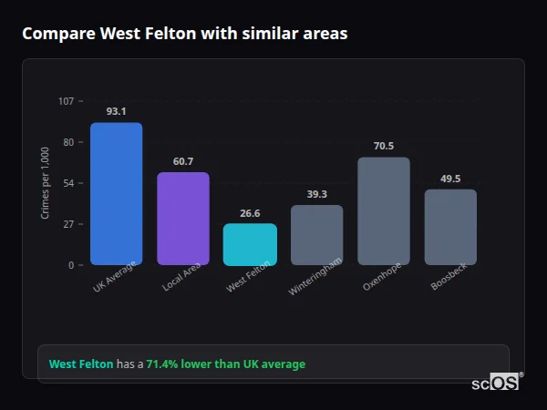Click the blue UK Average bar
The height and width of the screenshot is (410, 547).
(x=116, y=194)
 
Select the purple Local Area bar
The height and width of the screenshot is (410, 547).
(x=183, y=219)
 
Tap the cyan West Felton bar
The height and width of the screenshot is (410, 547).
(x=250, y=244)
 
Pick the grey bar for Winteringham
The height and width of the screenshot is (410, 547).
(x=316, y=235)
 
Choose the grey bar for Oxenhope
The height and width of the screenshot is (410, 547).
(x=383, y=211)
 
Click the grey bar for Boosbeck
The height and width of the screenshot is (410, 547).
(x=450, y=227)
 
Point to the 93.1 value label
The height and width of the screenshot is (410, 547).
(x=116, y=111)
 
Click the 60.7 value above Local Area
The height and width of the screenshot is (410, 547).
(x=183, y=161)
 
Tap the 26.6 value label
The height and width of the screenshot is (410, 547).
(x=250, y=213)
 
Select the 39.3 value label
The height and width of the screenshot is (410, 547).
(x=316, y=194)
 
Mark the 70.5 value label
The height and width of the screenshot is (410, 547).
(x=383, y=146)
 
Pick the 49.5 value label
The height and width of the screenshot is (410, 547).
(x=450, y=179)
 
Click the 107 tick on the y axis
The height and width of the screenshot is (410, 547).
(x=66, y=101)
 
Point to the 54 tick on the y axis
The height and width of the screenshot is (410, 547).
(x=68, y=183)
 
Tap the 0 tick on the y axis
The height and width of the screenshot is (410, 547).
(x=71, y=265)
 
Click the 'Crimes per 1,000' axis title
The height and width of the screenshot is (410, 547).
(x=46, y=183)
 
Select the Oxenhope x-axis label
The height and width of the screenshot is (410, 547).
(x=377, y=278)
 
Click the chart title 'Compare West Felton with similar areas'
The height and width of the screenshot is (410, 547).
(x=184, y=34)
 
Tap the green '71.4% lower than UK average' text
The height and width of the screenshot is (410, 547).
(x=225, y=364)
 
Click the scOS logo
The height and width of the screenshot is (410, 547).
(x=495, y=383)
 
